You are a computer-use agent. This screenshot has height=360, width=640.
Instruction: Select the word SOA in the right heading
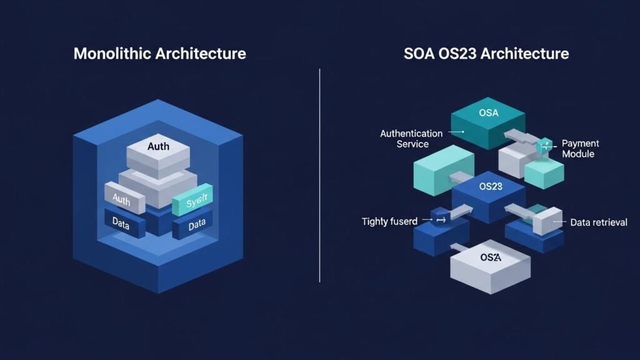418,53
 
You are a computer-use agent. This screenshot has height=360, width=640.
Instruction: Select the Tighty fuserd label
389,221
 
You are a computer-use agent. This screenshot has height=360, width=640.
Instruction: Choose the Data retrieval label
598,222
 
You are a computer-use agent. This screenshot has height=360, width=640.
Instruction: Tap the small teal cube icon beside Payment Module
544,144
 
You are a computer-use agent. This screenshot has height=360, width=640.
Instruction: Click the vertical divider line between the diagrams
320,175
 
